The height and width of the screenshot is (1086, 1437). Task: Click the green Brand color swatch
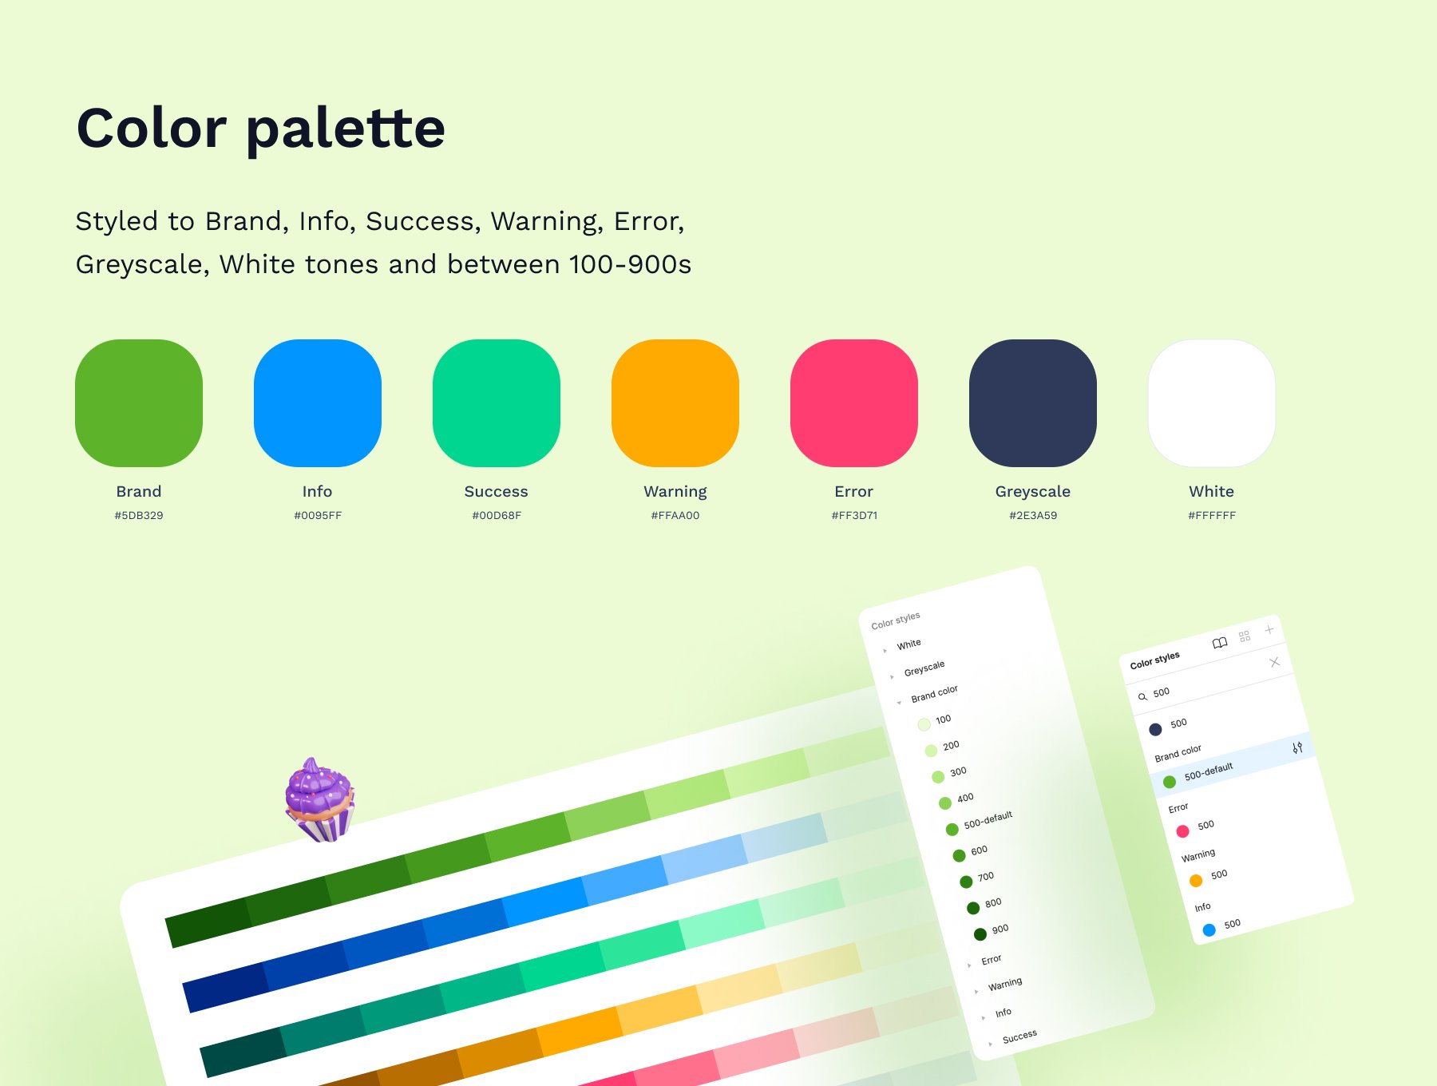click(139, 403)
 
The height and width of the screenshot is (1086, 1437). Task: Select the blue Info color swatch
click(318, 403)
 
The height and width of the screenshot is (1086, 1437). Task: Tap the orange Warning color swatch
click(675, 403)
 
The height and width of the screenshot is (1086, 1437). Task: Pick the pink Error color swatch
click(854, 403)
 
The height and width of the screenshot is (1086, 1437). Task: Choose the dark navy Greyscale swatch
click(1033, 403)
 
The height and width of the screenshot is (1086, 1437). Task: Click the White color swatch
click(1212, 403)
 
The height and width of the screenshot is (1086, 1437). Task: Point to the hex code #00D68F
click(497, 516)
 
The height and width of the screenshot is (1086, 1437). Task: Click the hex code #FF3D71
click(854, 516)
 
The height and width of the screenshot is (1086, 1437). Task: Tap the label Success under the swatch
click(497, 491)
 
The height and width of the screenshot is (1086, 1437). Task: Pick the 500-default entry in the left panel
click(980, 824)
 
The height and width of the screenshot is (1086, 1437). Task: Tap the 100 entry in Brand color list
click(934, 722)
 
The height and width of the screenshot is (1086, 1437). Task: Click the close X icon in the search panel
click(1274, 662)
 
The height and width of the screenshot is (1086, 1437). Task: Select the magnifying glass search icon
click(1142, 697)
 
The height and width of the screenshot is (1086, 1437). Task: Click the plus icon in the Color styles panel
click(1269, 630)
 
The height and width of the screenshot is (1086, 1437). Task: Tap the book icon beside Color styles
click(1220, 643)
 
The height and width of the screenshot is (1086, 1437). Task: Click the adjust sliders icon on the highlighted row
click(1297, 747)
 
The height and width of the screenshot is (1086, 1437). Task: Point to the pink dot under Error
click(1182, 831)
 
